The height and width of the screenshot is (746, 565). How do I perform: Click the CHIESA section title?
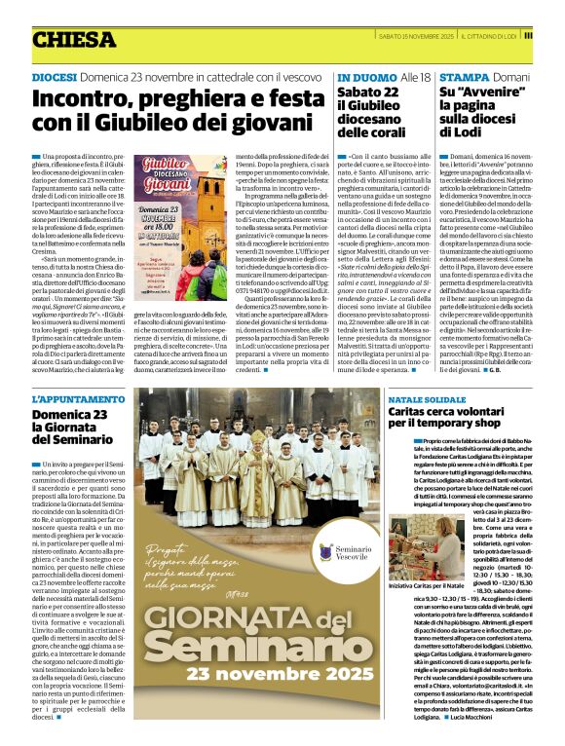[x=73, y=40]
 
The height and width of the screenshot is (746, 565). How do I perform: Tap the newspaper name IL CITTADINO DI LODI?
[x=488, y=36]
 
